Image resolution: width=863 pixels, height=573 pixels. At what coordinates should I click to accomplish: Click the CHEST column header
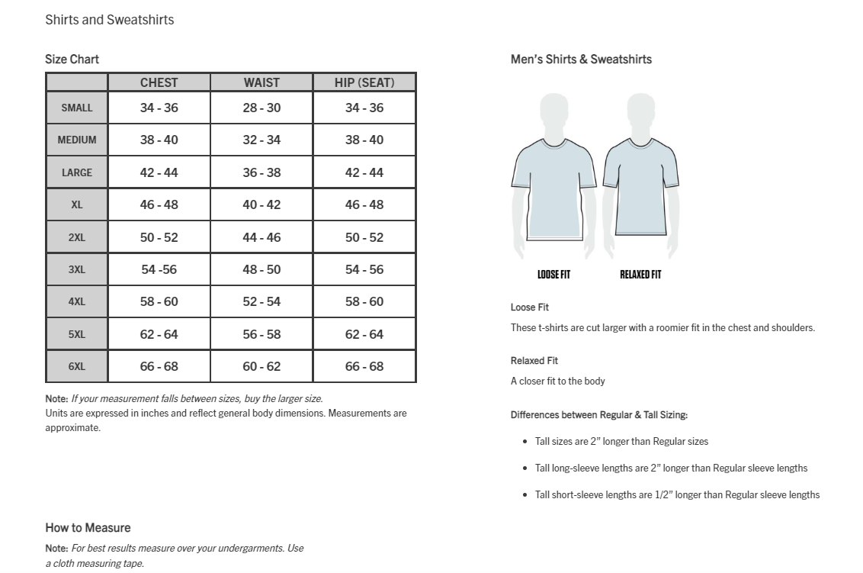click(x=159, y=82)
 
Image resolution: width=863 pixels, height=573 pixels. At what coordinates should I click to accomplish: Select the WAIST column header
click(x=261, y=82)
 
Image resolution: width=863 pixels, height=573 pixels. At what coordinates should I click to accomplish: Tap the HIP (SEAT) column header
click(x=364, y=82)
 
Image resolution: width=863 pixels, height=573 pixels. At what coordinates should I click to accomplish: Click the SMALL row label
click(x=77, y=108)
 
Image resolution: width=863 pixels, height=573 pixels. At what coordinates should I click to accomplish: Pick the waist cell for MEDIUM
click(x=261, y=140)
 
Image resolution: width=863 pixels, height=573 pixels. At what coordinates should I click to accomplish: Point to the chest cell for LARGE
click(x=159, y=172)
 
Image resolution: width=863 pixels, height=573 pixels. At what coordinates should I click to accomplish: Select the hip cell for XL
click(x=364, y=204)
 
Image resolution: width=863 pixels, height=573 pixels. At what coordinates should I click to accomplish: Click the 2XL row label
click(x=77, y=237)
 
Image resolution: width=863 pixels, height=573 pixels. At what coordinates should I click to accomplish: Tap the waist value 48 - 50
click(x=261, y=269)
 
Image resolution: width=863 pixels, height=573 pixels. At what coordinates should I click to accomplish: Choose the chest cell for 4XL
click(x=159, y=301)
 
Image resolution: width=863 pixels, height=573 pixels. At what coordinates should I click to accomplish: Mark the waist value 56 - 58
click(x=261, y=334)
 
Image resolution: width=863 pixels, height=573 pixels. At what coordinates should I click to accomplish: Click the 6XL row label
click(x=77, y=366)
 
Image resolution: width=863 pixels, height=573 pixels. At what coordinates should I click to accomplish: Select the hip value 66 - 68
click(x=364, y=366)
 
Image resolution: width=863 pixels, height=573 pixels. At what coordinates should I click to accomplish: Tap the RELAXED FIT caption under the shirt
click(x=640, y=275)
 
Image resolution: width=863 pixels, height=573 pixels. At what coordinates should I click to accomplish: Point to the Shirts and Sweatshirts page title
click(x=110, y=20)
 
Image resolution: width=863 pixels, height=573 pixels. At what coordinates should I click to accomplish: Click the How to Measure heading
click(x=88, y=527)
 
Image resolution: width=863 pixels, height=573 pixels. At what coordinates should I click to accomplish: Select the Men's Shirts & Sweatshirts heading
click(x=581, y=59)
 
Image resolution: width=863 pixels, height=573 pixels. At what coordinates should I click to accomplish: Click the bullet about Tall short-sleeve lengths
click(x=677, y=494)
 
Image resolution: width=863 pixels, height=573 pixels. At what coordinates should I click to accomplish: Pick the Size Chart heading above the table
click(x=72, y=59)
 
